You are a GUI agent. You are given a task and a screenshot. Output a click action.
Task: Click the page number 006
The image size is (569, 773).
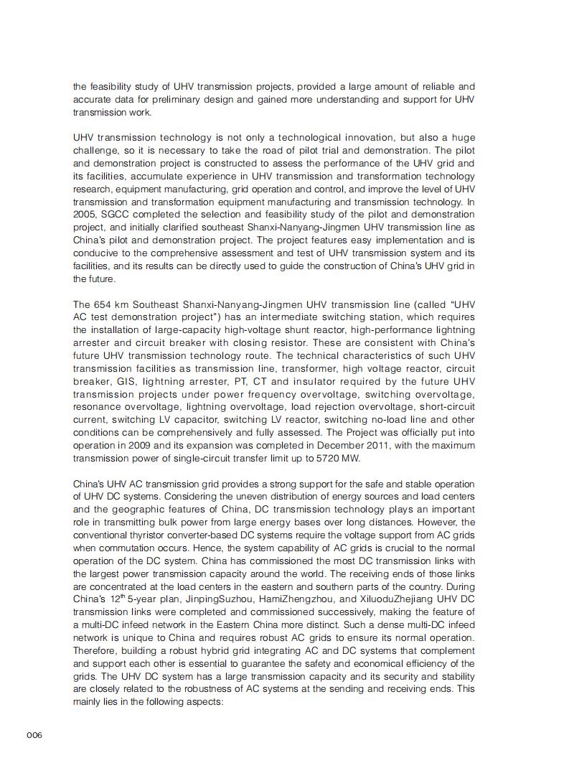34,736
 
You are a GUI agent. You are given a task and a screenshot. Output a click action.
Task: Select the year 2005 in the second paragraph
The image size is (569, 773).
85,215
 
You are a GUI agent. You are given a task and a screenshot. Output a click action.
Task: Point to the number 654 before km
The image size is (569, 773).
104,304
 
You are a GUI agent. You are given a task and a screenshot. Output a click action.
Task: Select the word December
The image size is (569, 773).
328,445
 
